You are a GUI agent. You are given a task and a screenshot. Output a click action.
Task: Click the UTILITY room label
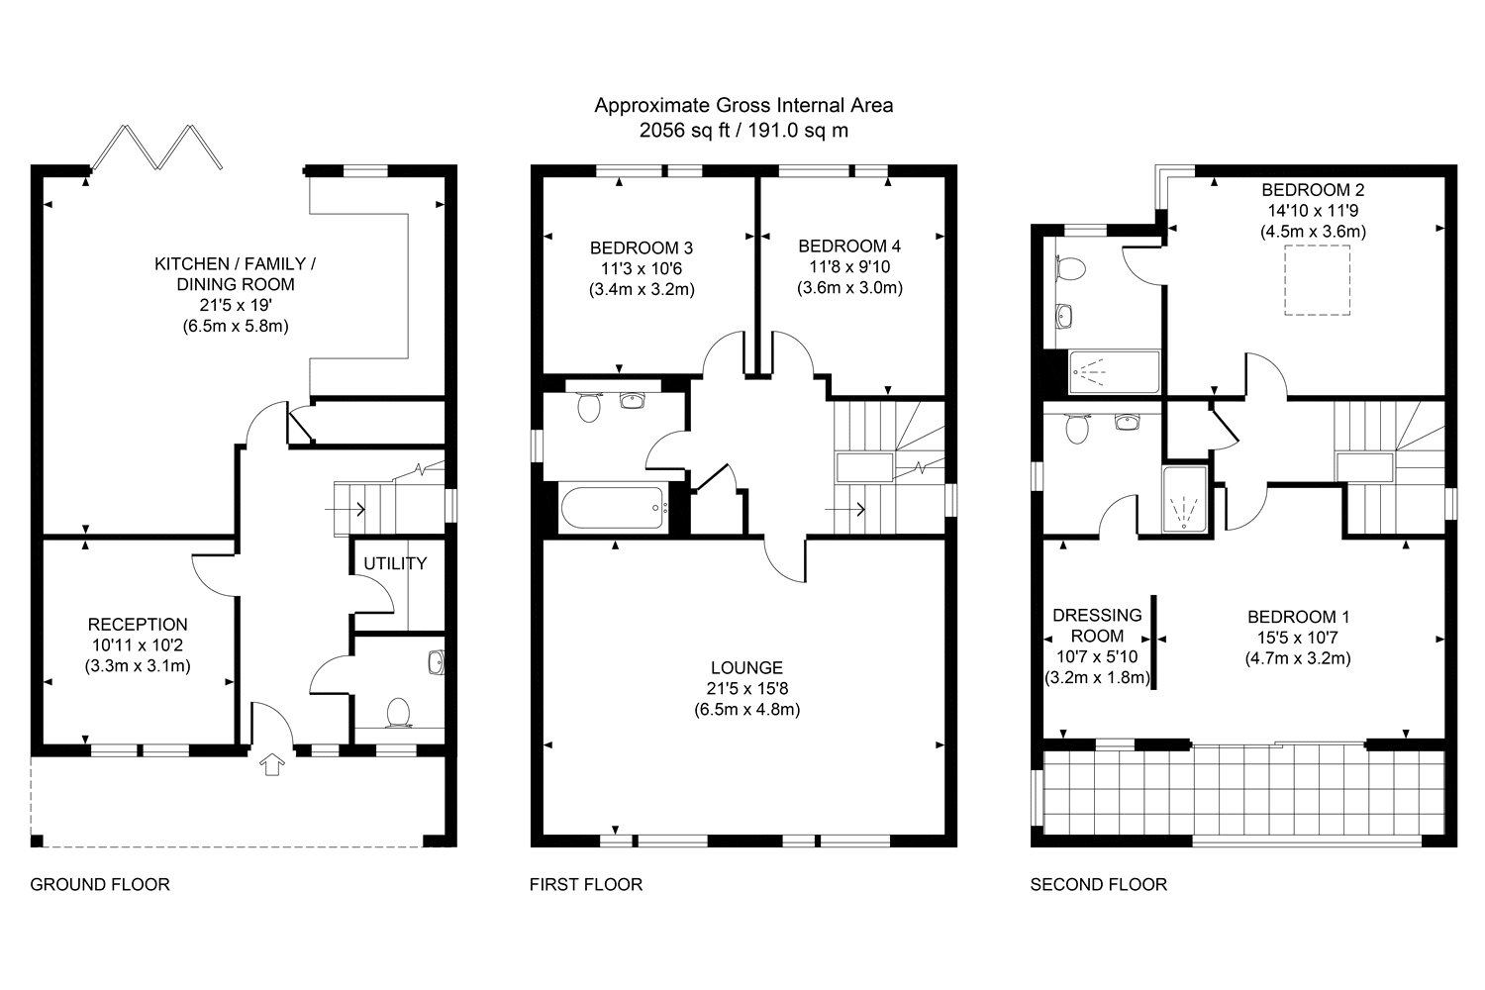(395, 563)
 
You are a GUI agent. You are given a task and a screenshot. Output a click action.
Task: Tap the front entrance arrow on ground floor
(272, 764)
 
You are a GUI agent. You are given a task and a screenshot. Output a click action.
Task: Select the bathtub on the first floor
(613, 508)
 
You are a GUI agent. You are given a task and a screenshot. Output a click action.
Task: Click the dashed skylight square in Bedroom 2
(1318, 280)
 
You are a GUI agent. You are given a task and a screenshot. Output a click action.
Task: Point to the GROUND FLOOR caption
(100, 885)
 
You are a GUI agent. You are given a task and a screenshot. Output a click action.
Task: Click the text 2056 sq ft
(684, 131)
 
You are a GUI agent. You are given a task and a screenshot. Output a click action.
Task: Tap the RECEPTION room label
(138, 625)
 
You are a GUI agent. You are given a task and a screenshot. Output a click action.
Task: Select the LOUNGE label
(747, 667)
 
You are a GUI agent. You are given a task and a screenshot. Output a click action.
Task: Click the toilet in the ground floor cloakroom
(398, 713)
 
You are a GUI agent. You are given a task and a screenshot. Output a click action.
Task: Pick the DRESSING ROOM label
(1097, 626)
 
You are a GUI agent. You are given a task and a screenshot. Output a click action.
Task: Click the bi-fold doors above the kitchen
(157, 147)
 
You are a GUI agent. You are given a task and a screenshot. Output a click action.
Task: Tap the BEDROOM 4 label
(849, 247)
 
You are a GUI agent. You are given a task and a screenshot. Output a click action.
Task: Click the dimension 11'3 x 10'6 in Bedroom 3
(642, 268)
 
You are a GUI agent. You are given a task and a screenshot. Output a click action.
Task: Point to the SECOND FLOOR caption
(1099, 885)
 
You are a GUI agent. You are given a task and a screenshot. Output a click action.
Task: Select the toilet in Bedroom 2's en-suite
(1070, 269)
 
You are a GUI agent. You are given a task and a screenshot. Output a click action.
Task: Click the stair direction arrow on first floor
(845, 509)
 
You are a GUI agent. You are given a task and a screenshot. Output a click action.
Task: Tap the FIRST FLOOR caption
(586, 885)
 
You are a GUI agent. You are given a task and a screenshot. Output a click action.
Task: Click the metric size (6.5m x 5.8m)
(236, 327)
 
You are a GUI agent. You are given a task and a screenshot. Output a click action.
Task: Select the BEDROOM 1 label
(1298, 618)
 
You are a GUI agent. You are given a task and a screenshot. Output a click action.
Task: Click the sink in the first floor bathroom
(633, 400)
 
